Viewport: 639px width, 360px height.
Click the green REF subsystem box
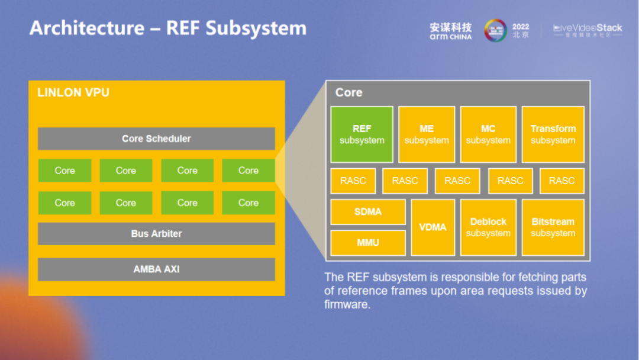[362, 134]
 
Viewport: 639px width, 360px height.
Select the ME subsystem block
[427, 134]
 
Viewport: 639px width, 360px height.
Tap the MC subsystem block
[488, 134]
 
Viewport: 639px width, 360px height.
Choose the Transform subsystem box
[553, 134]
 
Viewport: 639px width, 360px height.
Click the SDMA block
[368, 212]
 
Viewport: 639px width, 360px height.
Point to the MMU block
[368, 243]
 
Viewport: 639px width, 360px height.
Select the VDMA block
[433, 227]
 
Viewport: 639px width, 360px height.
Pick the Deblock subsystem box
[488, 227]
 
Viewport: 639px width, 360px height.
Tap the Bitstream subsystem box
[553, 227]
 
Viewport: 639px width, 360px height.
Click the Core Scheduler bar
[156, 139]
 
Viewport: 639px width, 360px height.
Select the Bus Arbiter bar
[156, 233]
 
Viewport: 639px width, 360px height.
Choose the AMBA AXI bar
[156, 269]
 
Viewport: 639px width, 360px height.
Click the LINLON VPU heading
[73, 92]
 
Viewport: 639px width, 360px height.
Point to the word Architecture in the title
[87, 28]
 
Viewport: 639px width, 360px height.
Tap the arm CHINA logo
[451, 31]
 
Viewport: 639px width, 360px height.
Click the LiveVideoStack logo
[588, 30]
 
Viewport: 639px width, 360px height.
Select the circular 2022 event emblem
[496, 30]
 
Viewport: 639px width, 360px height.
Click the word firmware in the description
[347, 304]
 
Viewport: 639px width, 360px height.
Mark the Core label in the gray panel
[348, 92]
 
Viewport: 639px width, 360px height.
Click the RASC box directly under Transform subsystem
[561, 181]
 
